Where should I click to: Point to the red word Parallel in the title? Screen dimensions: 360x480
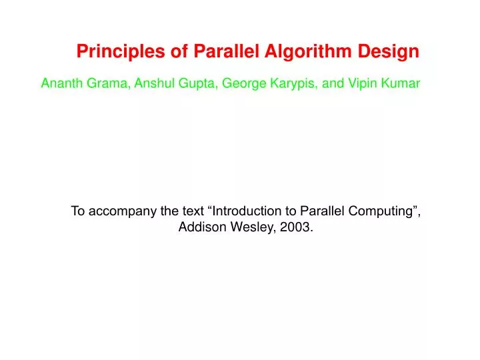224,51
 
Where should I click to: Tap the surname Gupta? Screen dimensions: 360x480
196,84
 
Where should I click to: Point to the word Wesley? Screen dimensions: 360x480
253,227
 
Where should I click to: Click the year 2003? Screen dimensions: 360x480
297,227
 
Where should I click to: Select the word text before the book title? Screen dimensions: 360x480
194,211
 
